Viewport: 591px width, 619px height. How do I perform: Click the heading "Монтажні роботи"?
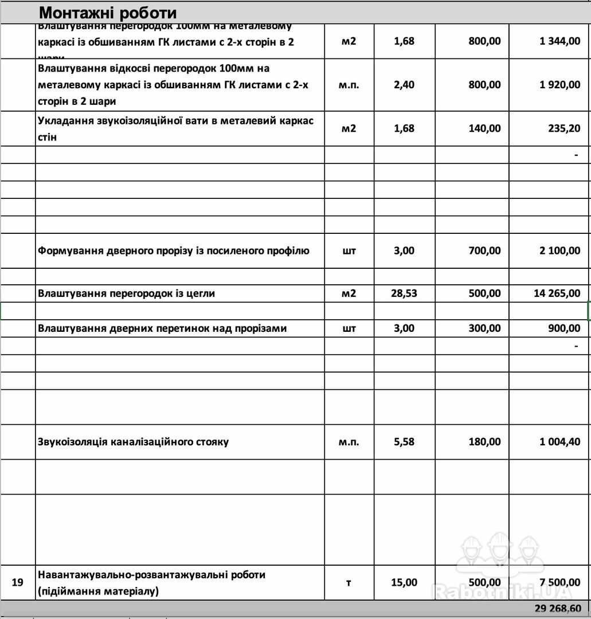[x=108, y=13]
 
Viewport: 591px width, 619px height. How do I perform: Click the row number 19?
[x=17, y=582]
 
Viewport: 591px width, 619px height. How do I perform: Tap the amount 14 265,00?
[x=557, y=293]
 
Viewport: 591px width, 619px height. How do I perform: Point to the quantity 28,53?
[x=404, y=293]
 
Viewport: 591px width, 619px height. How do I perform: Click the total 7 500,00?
[x=559, y=582]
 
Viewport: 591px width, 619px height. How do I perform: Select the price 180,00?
[x=484, y=442]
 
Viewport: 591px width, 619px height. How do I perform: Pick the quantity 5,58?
[x=404, y=442]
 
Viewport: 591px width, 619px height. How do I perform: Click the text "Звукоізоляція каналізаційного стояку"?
[x=133, y=442]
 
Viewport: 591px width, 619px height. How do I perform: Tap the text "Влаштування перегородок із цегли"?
[x=126, y=293]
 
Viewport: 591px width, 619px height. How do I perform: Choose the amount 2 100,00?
[x=559, y=250]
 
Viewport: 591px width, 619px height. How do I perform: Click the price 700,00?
[x=484, y=250]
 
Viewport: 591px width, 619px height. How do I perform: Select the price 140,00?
[x=484, y=128]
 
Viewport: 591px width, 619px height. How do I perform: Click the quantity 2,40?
[x=404, y=85]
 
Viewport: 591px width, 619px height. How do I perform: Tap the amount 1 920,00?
[x=559, y=85]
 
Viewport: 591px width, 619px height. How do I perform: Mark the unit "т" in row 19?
[x=349, y=582]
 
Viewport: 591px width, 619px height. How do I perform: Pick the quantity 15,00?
[x=404, y=582]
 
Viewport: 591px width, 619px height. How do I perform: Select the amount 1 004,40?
[x=559, y=442]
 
